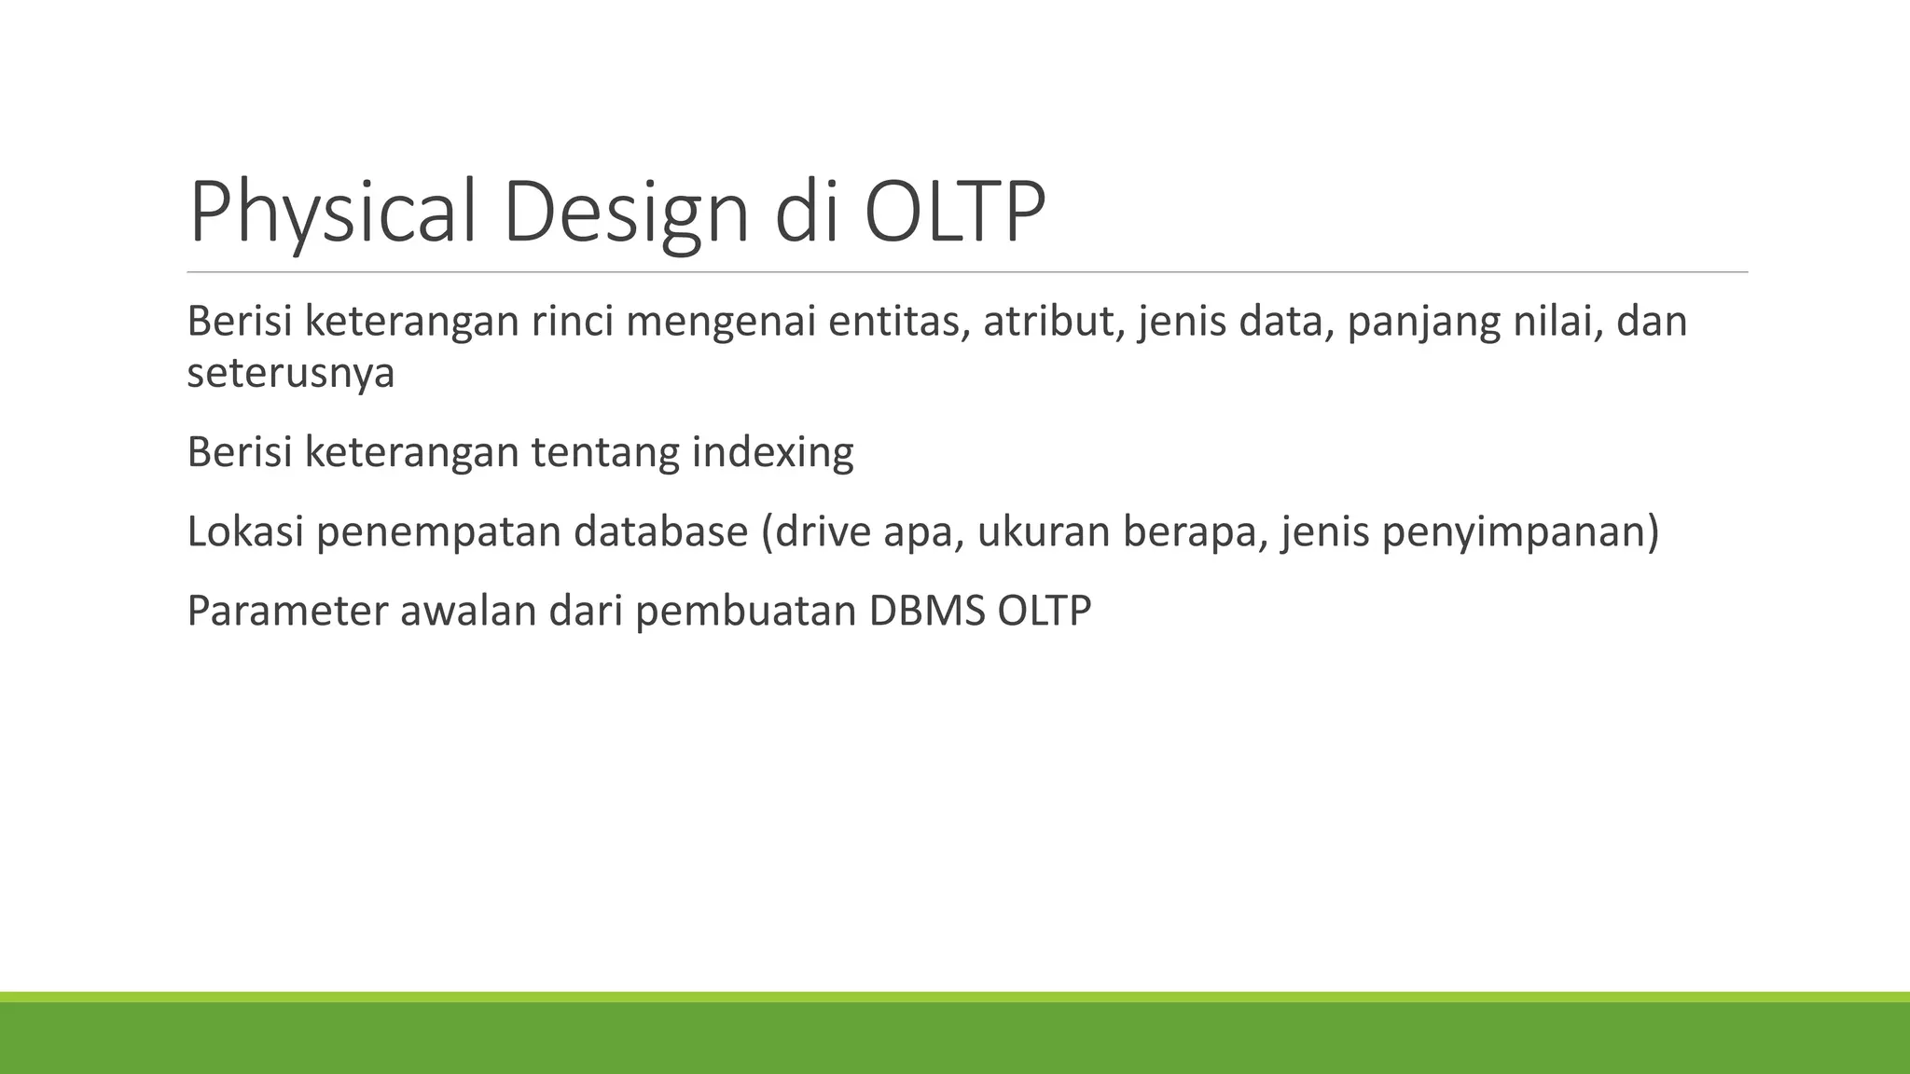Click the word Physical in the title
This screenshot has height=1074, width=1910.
click(x=336, y=213)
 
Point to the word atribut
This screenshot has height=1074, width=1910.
click(x=1054, y=322)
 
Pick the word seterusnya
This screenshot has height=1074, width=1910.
click(x=290, y=373)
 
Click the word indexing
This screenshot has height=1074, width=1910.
click(x=771, y=453)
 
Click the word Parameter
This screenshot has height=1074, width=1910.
click(x=286, y=612)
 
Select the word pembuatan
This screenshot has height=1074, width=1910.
click(x=745, y=612)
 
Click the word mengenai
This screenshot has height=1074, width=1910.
click(x=720, y=322)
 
